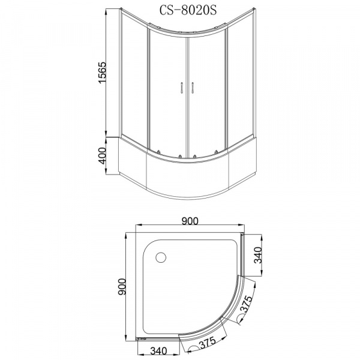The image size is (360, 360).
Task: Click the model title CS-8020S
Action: (188, 11)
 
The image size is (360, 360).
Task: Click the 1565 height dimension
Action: (103, 73)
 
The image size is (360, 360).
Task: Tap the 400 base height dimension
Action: (103, 155)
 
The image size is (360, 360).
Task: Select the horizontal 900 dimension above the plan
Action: (190, 221)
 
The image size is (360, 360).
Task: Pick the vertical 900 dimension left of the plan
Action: (122, 287)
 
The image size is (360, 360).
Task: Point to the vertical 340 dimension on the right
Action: (259, 255)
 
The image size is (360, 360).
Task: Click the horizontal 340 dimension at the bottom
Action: (158, 351)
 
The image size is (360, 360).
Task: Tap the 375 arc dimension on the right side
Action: (246, 304)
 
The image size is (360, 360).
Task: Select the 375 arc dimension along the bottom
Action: (208, 343)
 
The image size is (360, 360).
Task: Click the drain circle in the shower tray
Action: (161, 257)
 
